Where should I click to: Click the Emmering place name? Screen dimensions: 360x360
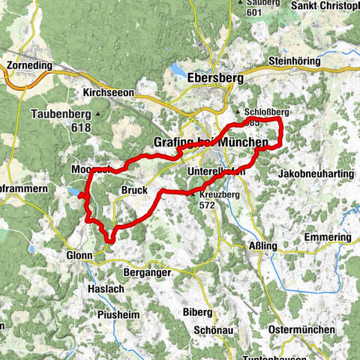pyautogui.click(x=328, y=237)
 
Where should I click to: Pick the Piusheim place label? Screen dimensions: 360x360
pyautogui.click(x=118, y=315)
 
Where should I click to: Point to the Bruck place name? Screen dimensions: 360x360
pyautogui.click(x=133, y=190)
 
